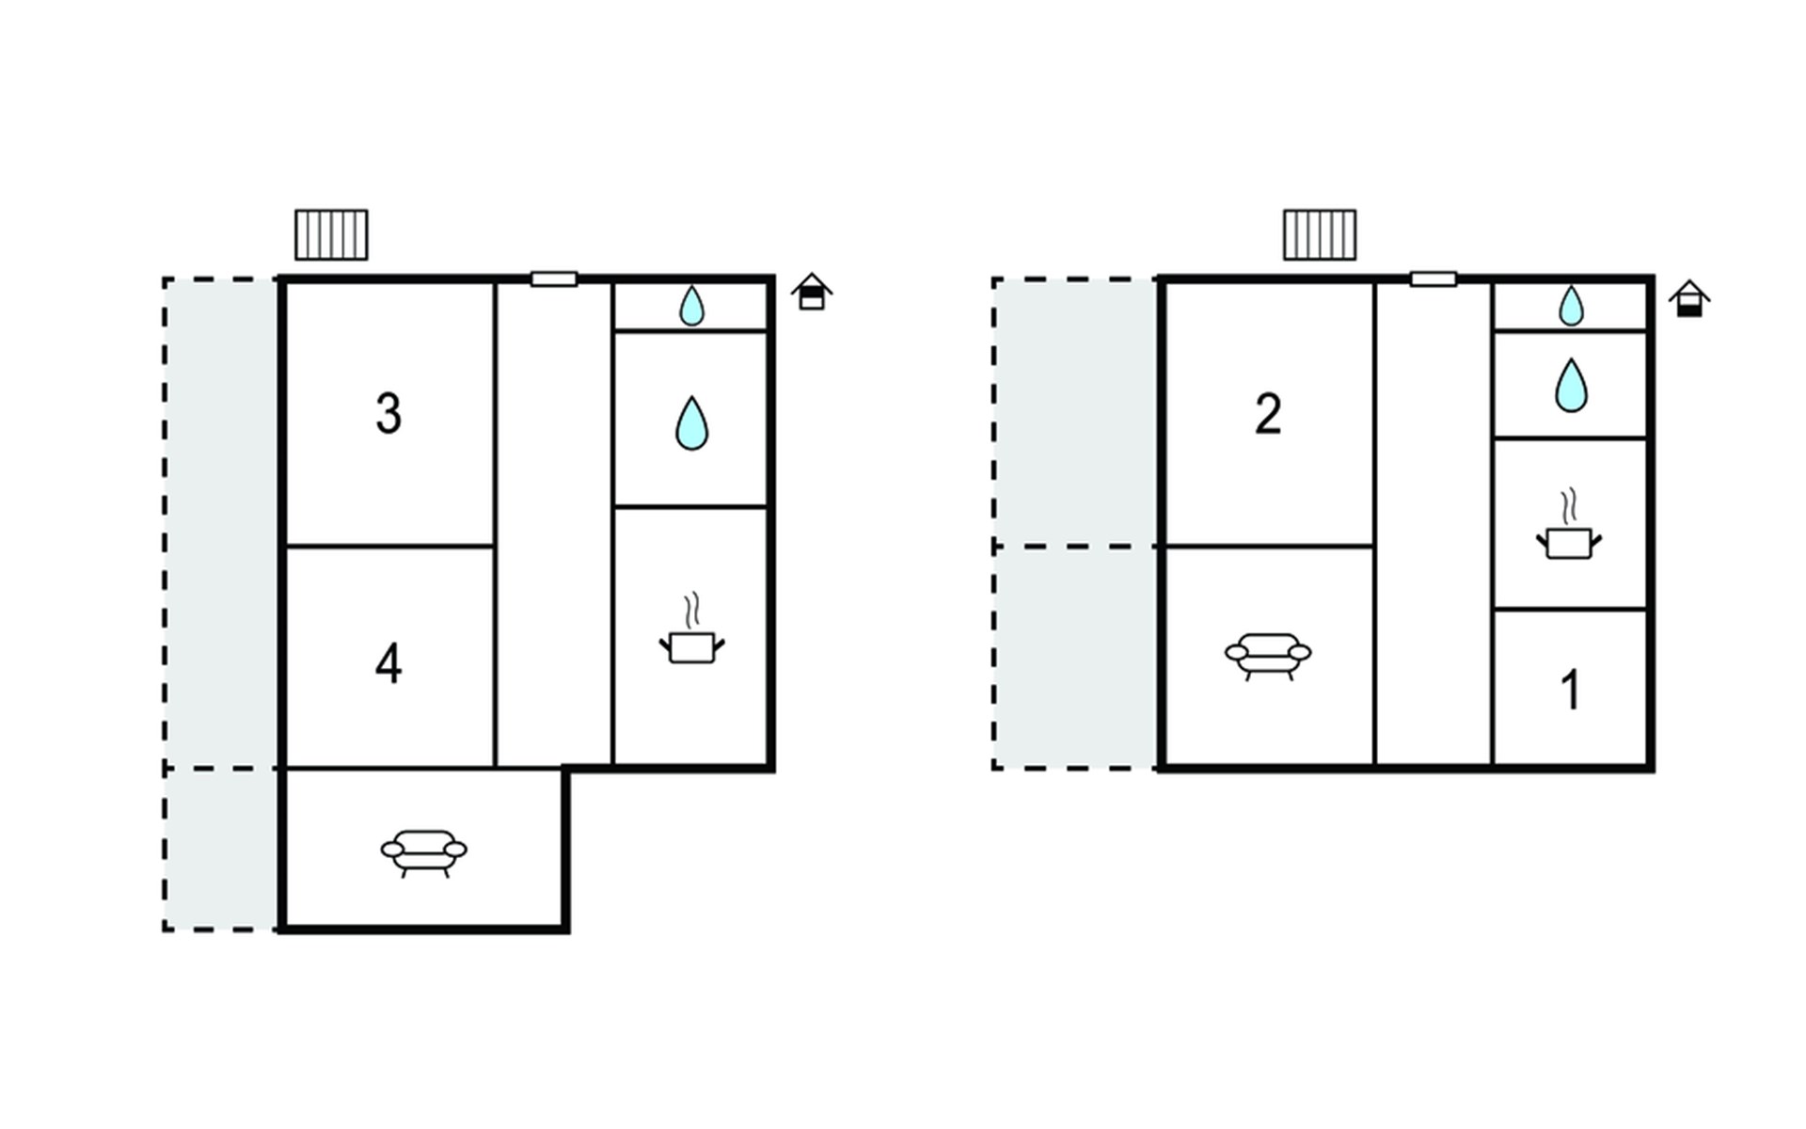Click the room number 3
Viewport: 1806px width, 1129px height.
388,414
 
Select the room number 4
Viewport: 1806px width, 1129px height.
388,664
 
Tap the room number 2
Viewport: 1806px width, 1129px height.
1268,414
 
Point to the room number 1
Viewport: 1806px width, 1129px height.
1571,690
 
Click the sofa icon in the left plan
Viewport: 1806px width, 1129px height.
423,852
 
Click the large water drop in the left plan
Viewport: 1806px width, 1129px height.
691,423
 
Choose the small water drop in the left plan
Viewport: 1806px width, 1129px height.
691,306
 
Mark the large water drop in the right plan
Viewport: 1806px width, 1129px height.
1571,385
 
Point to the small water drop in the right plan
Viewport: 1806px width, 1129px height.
1571,306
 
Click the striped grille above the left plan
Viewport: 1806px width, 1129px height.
331,235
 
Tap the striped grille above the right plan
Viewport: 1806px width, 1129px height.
1320,235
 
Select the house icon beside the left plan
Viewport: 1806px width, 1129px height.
812,292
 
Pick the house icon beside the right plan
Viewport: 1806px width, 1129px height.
1689,298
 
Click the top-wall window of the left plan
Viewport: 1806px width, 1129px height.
554,279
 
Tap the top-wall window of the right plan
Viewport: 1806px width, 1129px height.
1434,279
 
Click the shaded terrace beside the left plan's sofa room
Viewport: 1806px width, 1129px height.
222,850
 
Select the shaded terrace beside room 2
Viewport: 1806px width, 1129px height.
1076,412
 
